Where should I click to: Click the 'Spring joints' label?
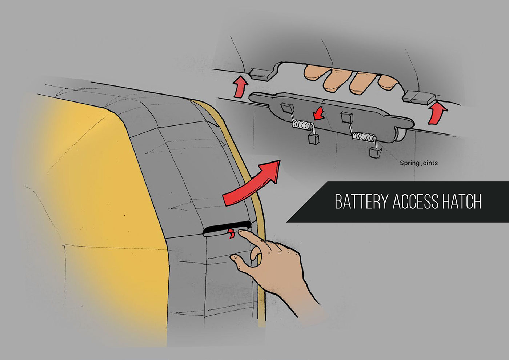(419, 163)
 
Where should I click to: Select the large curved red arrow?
(252, 184)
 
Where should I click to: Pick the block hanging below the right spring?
(375, 152)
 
